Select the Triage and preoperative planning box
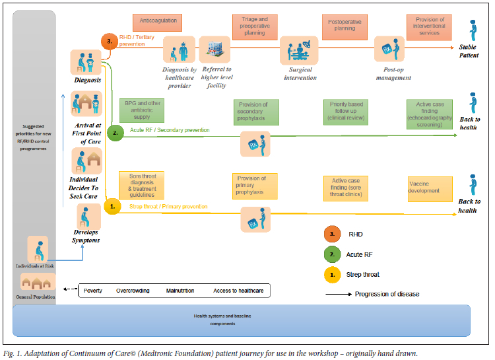coord(254,27)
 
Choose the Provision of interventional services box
coord(430,27)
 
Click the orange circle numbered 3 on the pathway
coord(111,41)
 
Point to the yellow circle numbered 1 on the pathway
coord(112,207)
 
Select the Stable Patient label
coord(469,51)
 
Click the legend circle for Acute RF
coord(331,254)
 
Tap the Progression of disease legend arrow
coord(338,294)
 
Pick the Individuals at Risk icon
coord(38,250)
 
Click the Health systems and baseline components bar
coord(242,320)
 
